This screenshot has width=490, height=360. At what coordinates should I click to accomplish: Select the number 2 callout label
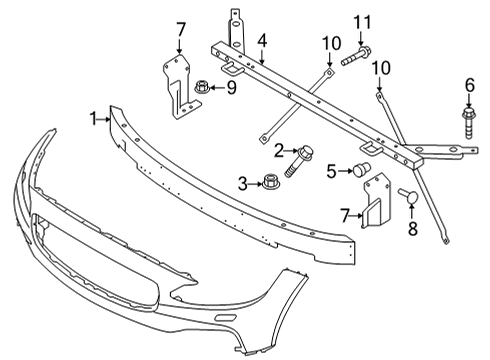point(280,150)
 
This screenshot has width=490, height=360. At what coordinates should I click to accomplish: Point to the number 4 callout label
point(261,41)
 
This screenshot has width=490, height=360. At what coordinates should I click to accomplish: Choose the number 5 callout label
point(332,171)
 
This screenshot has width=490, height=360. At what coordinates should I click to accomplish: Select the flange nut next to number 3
point(269,183)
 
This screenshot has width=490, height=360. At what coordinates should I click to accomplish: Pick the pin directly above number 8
point(408,195)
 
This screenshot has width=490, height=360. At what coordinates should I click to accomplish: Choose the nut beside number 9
point(202,87)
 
